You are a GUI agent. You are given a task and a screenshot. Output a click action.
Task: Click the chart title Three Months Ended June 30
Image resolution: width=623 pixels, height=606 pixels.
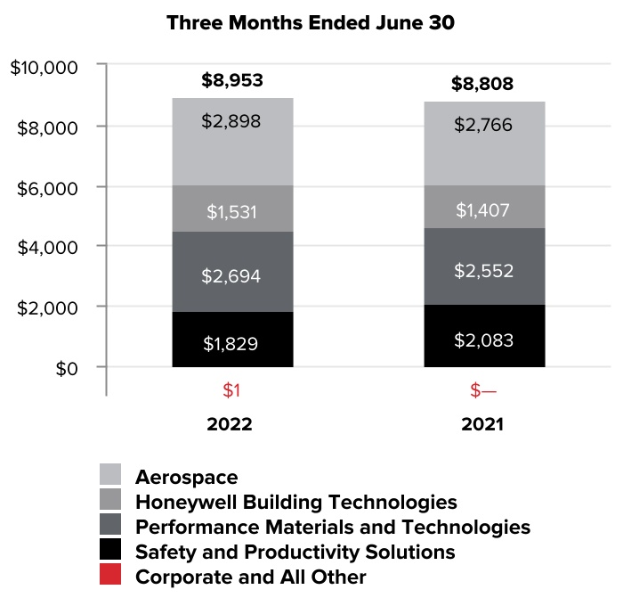coord(311,24)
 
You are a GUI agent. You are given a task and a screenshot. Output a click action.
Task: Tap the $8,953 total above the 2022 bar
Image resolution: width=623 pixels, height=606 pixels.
coord(231,81)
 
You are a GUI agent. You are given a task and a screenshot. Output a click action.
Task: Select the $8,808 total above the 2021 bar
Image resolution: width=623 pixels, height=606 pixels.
coord(482,85)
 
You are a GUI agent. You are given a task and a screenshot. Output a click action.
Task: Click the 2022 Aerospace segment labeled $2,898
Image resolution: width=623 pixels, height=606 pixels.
coord(231,143)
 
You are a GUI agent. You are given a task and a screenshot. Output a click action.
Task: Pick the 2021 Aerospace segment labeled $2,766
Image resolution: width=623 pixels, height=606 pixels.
coord(482,144)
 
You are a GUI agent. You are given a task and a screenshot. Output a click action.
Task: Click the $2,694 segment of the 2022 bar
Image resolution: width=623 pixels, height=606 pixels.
coord(231,274)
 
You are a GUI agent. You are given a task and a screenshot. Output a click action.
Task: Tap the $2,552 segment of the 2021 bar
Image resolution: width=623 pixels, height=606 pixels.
coord(482,269)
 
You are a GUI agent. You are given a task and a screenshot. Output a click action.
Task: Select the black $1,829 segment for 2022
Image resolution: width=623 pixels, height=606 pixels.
coord(231,341)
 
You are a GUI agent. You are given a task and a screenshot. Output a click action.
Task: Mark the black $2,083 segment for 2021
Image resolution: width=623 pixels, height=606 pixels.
coord(482,339)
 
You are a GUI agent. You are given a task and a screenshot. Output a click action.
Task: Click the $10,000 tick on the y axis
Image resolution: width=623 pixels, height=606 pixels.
coord(44,68)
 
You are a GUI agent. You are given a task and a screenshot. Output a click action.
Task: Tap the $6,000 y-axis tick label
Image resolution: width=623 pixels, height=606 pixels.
coord(49,187)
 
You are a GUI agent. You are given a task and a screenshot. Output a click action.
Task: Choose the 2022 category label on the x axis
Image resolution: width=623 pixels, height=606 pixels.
coord(230,424)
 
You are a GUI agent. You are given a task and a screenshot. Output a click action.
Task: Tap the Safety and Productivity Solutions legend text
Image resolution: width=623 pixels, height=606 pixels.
coord(295,552)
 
